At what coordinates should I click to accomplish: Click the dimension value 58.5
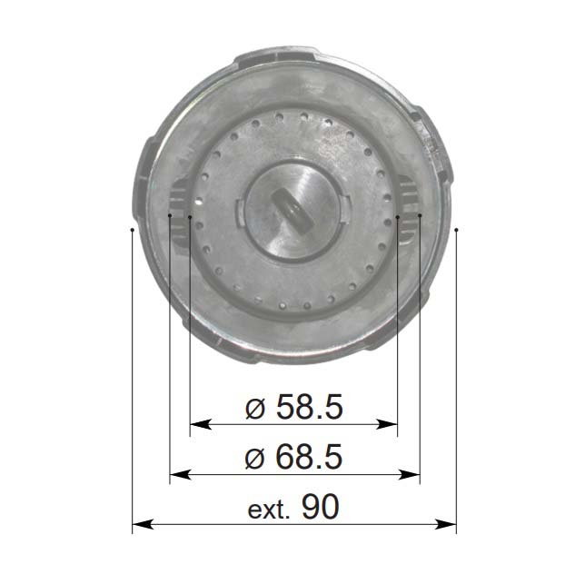coord(310,407)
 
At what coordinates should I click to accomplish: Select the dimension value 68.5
coord(309,456)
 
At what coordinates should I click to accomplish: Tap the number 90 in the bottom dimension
coord(321,507)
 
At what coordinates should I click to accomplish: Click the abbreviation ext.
coord(269,510)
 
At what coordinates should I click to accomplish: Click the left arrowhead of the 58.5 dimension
coord(200,424)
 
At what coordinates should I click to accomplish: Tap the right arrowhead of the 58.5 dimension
coord(387,424)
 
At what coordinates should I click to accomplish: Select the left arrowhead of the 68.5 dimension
coord(181,475)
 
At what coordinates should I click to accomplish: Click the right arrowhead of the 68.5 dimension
coord(410,475)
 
